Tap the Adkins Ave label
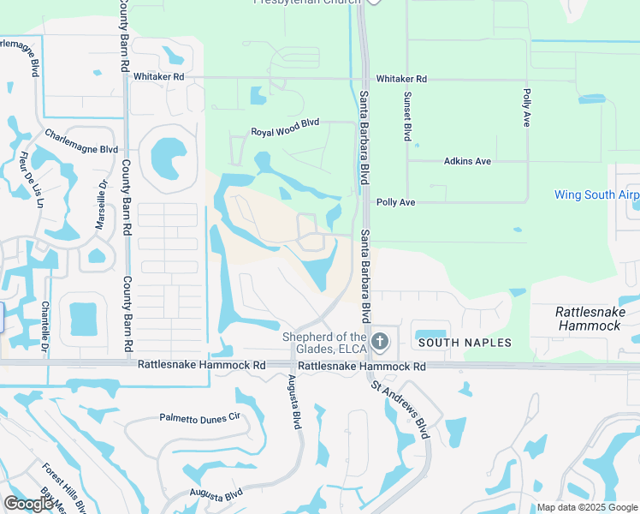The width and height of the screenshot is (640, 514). [x=467, y=161]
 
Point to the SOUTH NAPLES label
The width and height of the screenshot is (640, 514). [x=464, y=343]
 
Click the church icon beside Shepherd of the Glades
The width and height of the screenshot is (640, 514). [x=381, y=343]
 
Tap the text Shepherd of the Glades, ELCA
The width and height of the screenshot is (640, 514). [x=324, y=343]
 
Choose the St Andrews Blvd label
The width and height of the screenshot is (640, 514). [x=399, y=409]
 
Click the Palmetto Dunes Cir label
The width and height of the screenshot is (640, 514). [x=201, y=418]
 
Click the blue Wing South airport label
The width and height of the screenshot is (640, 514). [x=596, y=194]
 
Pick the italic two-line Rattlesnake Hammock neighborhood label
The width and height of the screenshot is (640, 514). [x=587, y=319]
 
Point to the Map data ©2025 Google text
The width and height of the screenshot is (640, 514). [x=587, y=507]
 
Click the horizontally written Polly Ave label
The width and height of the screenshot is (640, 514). [x=395, y=202]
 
